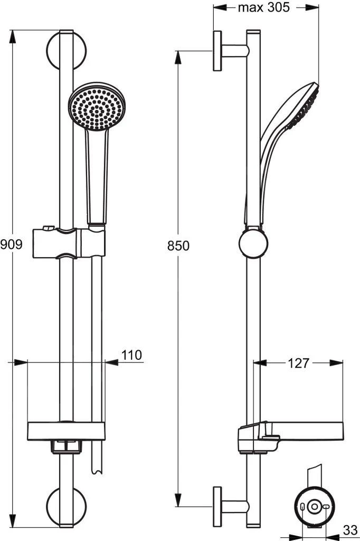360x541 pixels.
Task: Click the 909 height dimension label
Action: click(11, 244)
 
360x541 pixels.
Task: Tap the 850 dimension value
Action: click(178, 246)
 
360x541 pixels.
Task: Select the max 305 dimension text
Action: click(264, 7)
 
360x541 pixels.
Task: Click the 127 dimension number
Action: click(298, 363)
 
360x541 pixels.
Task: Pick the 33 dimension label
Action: click(350, 530)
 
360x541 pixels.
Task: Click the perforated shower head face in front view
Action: click(97, 106)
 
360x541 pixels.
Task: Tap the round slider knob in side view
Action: click(253, 243)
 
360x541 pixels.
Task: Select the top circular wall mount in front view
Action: click(66, 50)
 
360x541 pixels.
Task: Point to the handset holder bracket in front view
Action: click(69, 242)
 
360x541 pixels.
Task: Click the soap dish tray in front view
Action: click(66, 431)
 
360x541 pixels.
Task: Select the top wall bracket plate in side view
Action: click(217, 51)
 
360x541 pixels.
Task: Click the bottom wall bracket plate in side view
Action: click(217, 507)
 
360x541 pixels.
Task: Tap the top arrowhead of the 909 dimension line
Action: click(13, 36)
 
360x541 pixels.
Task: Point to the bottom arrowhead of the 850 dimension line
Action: click(178, 501)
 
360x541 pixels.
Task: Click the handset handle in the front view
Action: click(97, 176)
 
